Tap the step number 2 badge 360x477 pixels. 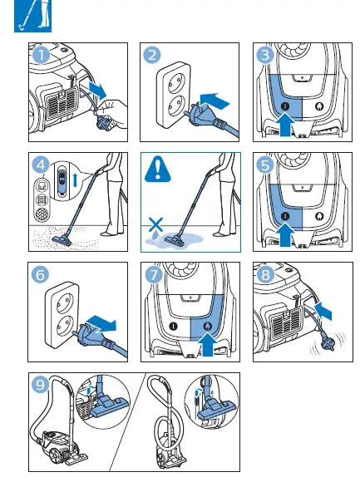pos(153,55)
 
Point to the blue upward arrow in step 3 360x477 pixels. pos(283,124)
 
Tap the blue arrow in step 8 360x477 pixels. pos(326,313)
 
